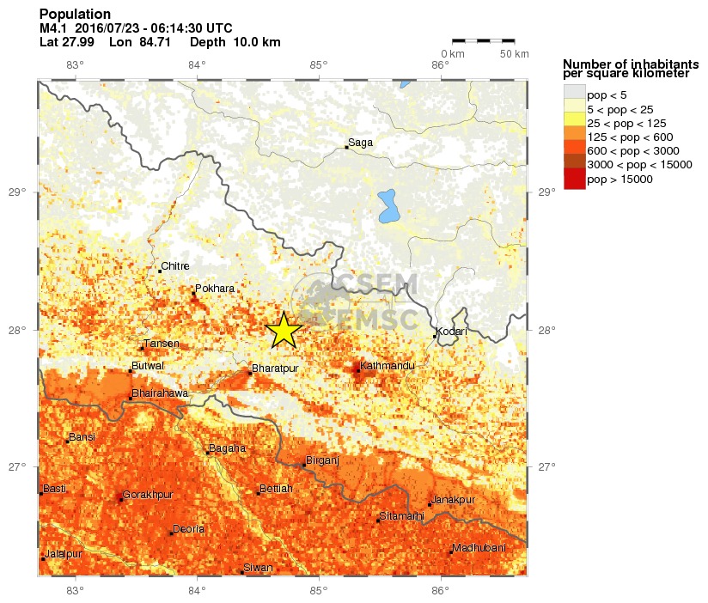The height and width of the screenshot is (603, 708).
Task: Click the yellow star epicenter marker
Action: [284, 330]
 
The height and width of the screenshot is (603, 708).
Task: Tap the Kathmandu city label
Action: [387, 366]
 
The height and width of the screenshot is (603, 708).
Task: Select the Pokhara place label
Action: [215, 289]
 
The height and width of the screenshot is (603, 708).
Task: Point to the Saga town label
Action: [361, 143]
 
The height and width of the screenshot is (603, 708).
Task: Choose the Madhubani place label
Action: [479, 548]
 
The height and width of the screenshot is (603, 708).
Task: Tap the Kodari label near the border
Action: [451, 332]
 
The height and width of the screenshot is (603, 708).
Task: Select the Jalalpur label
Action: [64, 554]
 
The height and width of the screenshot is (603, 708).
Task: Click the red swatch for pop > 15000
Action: [574, 180]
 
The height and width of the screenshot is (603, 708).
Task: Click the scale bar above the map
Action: [483, 40]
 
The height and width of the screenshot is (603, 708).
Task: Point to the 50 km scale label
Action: [514, 54]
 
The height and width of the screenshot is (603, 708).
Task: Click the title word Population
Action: [75, 15]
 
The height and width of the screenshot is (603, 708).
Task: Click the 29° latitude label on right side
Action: [545, 192]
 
